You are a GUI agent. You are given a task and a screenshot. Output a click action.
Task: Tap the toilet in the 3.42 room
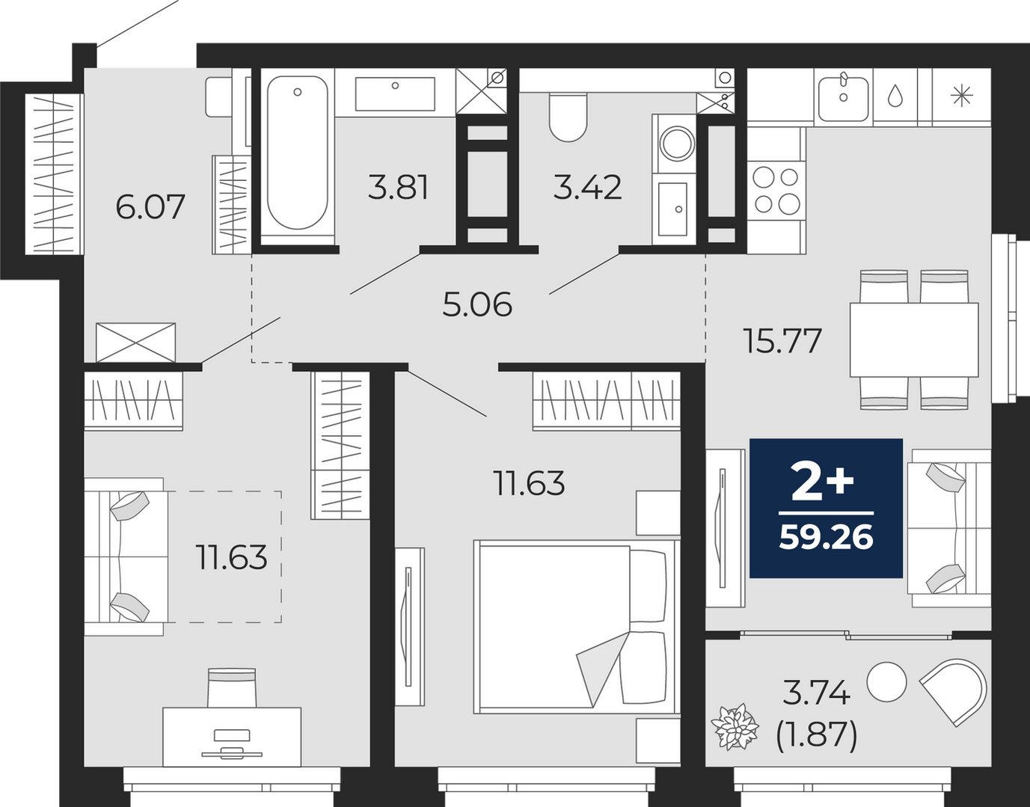pos(568,117)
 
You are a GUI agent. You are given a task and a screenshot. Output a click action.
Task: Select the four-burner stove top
pos(776,191)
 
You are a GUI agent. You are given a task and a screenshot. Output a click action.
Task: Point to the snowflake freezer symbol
pos(962,96)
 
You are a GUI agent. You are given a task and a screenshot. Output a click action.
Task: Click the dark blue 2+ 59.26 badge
pos(826,508)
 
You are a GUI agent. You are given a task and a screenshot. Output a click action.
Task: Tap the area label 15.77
pos(782,341)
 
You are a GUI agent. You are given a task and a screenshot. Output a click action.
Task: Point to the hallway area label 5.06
pos(476,304)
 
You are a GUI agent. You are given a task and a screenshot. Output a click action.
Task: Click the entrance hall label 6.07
pos(150,207)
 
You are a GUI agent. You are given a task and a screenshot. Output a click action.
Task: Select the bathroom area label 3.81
pos(398,187)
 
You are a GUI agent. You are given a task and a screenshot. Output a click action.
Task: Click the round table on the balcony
pos(886,682)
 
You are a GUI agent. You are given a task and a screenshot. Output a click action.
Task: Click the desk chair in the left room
pos(232,687)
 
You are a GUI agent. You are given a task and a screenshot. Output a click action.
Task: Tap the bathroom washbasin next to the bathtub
pos(395,93)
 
